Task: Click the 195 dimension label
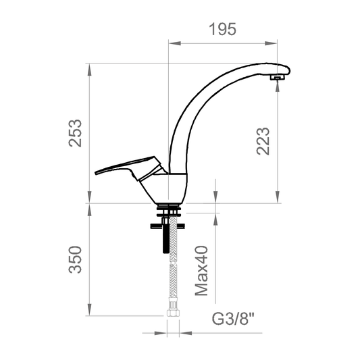click(x=222, y=29)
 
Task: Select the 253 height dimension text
click(x=75, y=133)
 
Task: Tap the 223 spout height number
click(x=263, y=141)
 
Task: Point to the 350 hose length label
click(x=75, y=259)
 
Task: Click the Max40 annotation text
click(x=201, y=271)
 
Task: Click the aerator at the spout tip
click(x=278, y=78)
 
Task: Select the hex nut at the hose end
click(x=172, y=313)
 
